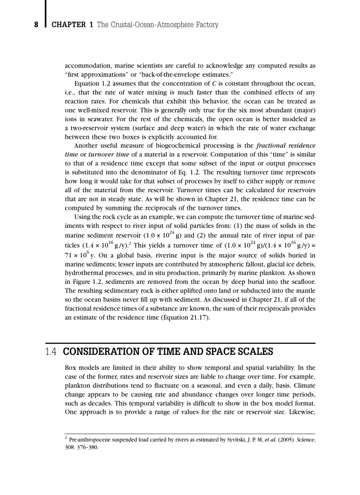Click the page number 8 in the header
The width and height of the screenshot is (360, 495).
(x=37, y=25)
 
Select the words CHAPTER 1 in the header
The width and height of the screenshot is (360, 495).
(x=72, y=25)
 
